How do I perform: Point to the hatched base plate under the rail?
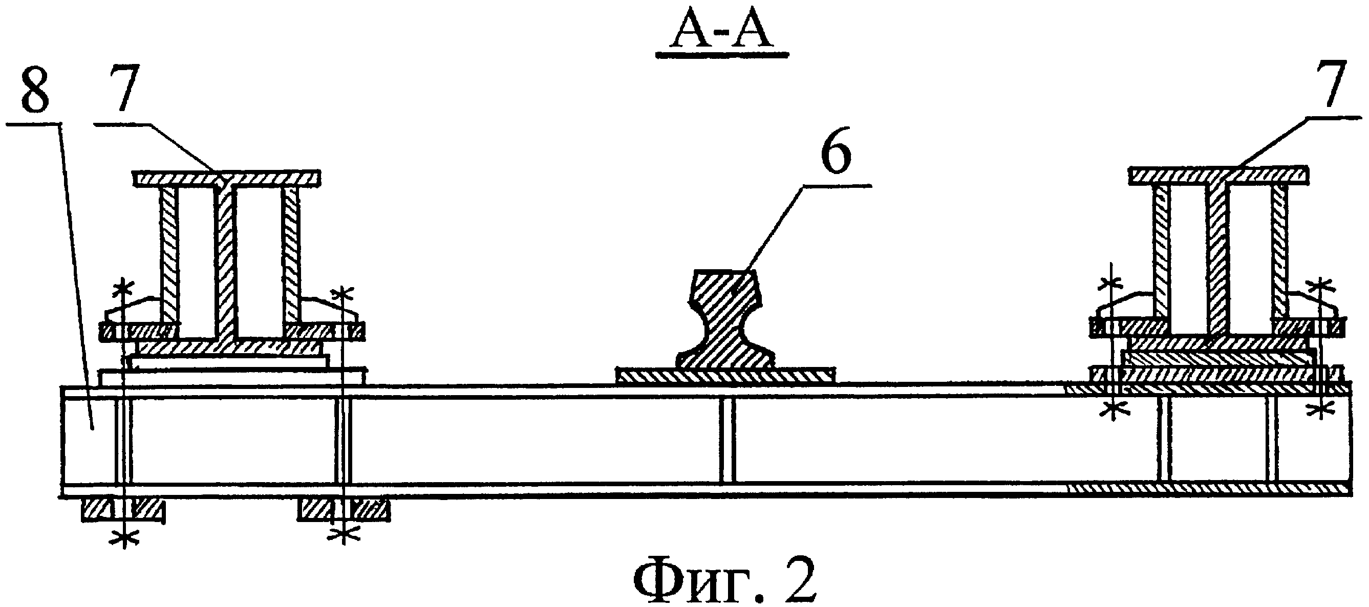click(725, 375)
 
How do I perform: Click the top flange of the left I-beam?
click(227, 178)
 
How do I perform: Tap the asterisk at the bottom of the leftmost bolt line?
click(124, 539)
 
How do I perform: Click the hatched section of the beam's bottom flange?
click(1206, 488)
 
